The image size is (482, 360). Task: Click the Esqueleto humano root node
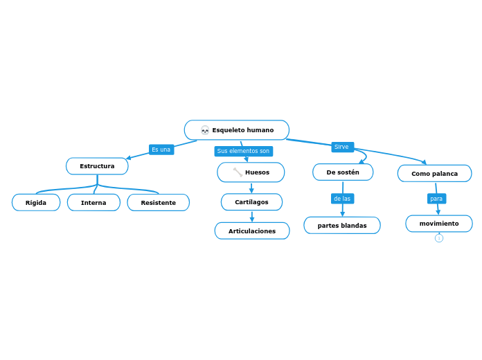click(x=237, y=130)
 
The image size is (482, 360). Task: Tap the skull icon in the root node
click(x=205, y=130)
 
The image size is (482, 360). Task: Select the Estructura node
click(x=97, y=166)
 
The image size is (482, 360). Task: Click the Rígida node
click(x=36, y=203)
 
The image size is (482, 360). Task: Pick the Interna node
click(x=93, y=203)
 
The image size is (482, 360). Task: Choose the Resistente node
click(x=158, y=203)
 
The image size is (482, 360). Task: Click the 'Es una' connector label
click(x=161, y=150)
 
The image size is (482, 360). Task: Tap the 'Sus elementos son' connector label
click(x=243, y=151)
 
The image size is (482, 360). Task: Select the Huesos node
click(x=251, y=172)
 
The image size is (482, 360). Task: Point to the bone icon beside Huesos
click(x=238, y=172)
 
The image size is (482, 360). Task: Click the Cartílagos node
click(x=251, y=202)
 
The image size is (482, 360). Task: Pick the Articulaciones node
click(x=252, y=231)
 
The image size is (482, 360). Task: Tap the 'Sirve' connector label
click(x=342, y=147)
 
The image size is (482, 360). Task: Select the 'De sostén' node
click(x=343, y=172)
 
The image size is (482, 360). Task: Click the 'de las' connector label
click(x=342, y=199)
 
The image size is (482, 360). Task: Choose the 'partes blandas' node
click(x=342, y=226)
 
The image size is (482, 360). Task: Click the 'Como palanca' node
click(x=434, y=174)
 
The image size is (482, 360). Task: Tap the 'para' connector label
click(x=436, y=199)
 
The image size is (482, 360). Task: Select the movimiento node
click(x=439, y=224)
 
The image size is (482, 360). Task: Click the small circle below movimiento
click(x=439, y=238)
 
